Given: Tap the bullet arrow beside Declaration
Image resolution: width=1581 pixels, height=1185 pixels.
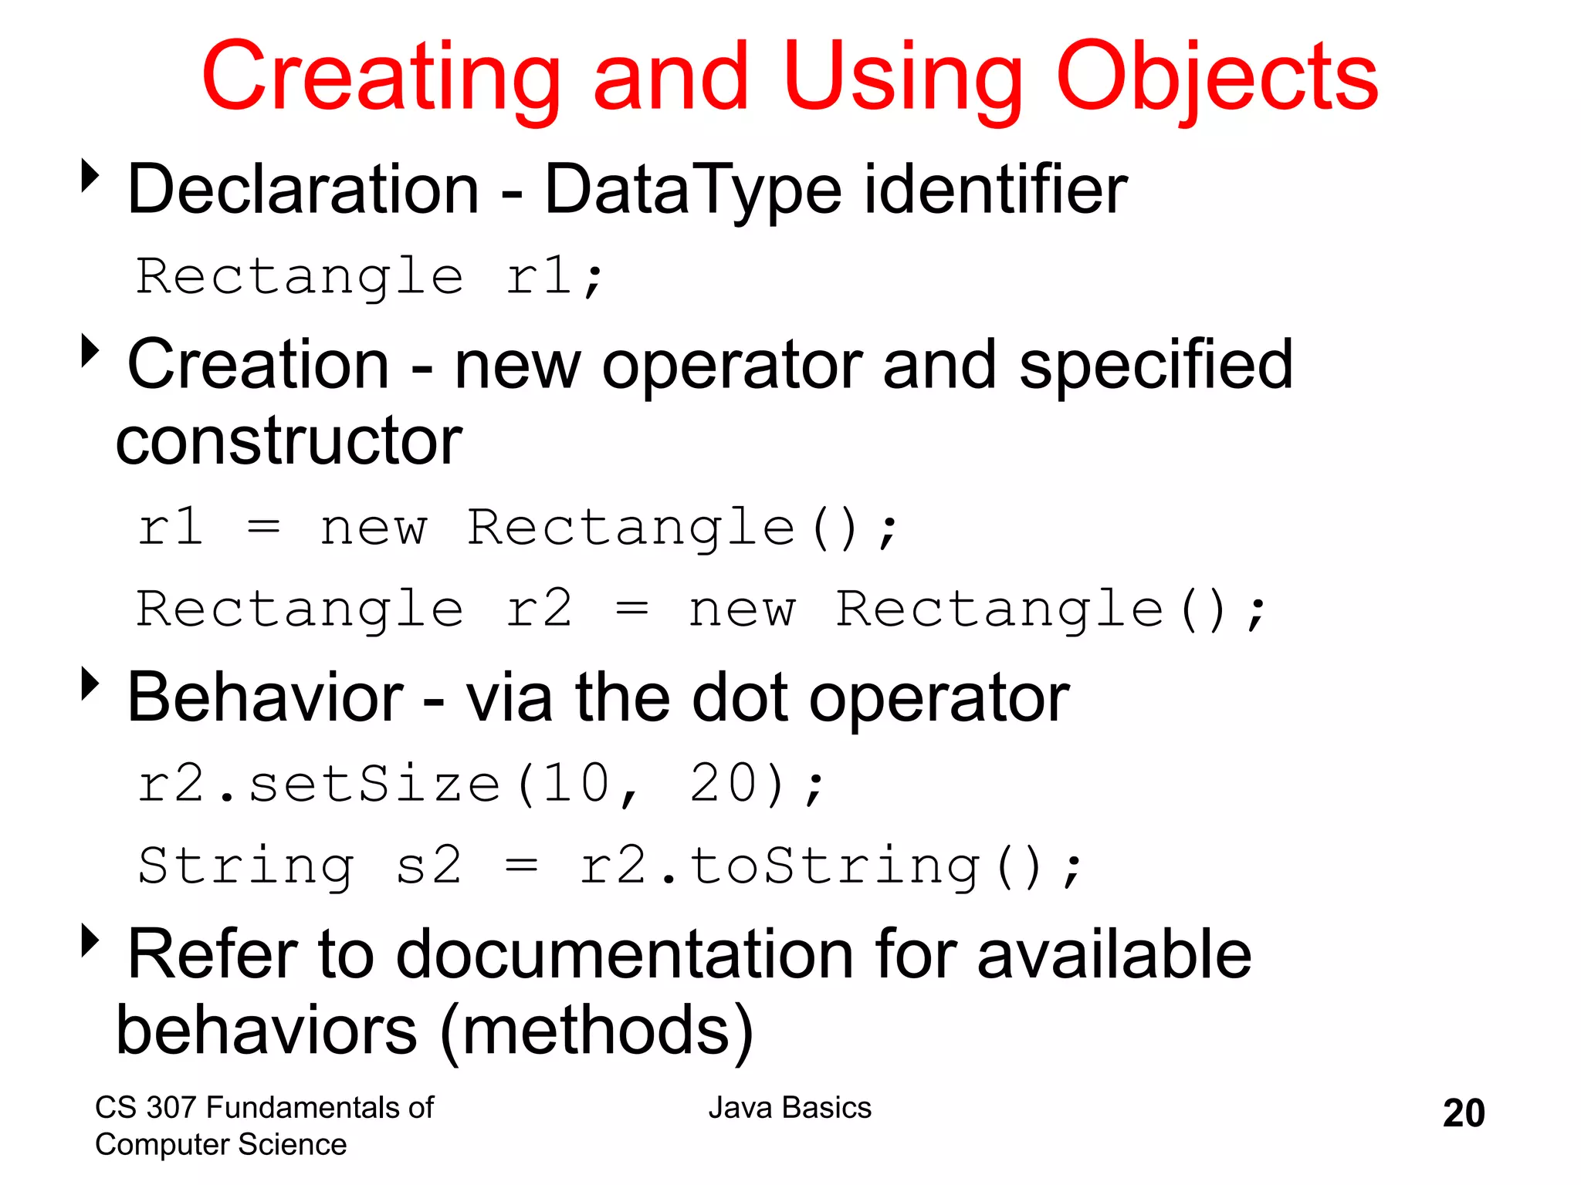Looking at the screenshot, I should (x=91, y=176).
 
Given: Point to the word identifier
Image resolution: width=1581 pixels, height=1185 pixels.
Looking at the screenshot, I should (x=995, y=190).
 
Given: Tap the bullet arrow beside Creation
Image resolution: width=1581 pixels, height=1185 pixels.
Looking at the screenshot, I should (x=91, y=351).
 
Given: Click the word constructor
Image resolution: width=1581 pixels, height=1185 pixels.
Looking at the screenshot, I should (x=289, y=441).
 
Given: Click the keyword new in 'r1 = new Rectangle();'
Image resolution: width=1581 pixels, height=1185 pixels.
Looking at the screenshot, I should (x=374, y=528).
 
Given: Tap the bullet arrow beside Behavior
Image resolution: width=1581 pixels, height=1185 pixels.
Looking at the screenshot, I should (x=91, y=684).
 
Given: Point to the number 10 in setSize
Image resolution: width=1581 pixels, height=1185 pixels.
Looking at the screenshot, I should (x=576, y=784).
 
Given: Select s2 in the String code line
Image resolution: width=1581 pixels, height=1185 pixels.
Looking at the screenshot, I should (x=429, y=866).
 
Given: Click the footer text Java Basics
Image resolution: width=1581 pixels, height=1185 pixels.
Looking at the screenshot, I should (x=790, y=1108).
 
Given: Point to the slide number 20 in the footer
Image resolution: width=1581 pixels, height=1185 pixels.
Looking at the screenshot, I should (x=1463, y=1113).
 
